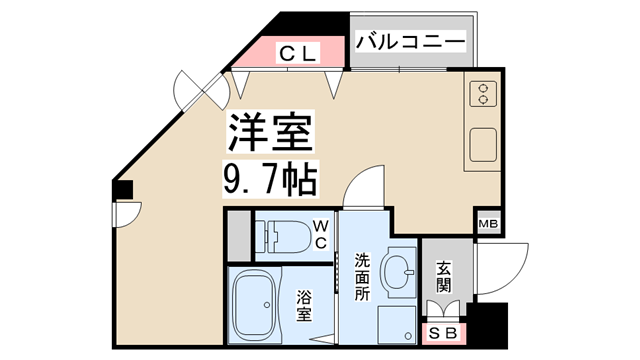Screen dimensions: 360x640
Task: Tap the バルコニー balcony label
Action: coord(411,43)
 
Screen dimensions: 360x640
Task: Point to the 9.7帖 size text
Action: coord(269,179)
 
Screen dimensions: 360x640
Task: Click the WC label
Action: coord(321,236)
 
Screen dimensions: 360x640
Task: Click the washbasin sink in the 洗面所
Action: coord(399,269)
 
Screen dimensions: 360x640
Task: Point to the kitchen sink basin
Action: coord(484,148)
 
